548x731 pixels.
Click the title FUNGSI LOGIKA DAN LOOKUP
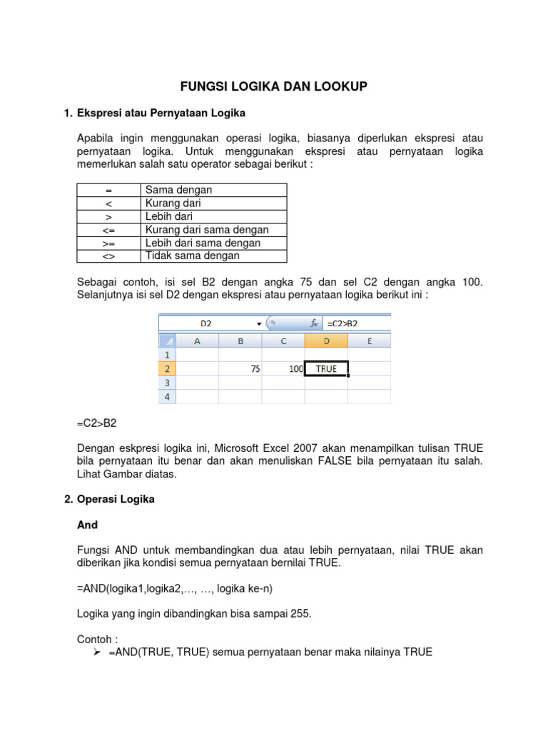273,86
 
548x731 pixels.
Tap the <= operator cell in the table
108,230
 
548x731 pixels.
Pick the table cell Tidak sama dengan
193,256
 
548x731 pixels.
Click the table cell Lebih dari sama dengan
203,243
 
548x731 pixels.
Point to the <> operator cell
108,256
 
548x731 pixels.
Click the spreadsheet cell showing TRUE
326,369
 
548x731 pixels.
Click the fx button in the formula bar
313,323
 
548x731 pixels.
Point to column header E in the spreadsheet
369,341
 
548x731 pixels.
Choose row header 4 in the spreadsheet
167,396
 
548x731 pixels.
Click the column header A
197,341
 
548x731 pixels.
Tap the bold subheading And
87,525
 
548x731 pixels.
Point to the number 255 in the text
299,614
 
